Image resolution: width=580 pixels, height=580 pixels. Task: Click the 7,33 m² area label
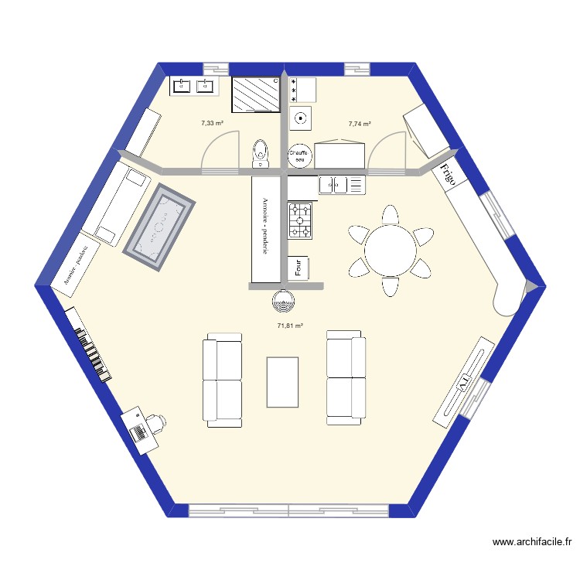point(212,123)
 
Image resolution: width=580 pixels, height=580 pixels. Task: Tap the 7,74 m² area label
point(360,123)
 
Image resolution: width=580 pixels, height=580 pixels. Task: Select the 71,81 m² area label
point(290,326)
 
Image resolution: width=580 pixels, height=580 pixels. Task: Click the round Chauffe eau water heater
point(299,156)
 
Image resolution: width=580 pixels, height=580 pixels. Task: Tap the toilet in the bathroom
point(261,152)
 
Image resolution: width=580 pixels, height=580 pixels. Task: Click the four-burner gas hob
point(300,220)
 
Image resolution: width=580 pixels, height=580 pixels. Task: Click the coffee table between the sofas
point(282,381)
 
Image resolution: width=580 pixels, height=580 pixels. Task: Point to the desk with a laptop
point(140,428)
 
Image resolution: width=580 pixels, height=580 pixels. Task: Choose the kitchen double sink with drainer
point(341,185)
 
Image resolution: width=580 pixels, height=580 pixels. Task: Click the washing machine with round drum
point(301,119)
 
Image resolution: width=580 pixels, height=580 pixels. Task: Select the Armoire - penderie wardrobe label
point(264,228)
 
